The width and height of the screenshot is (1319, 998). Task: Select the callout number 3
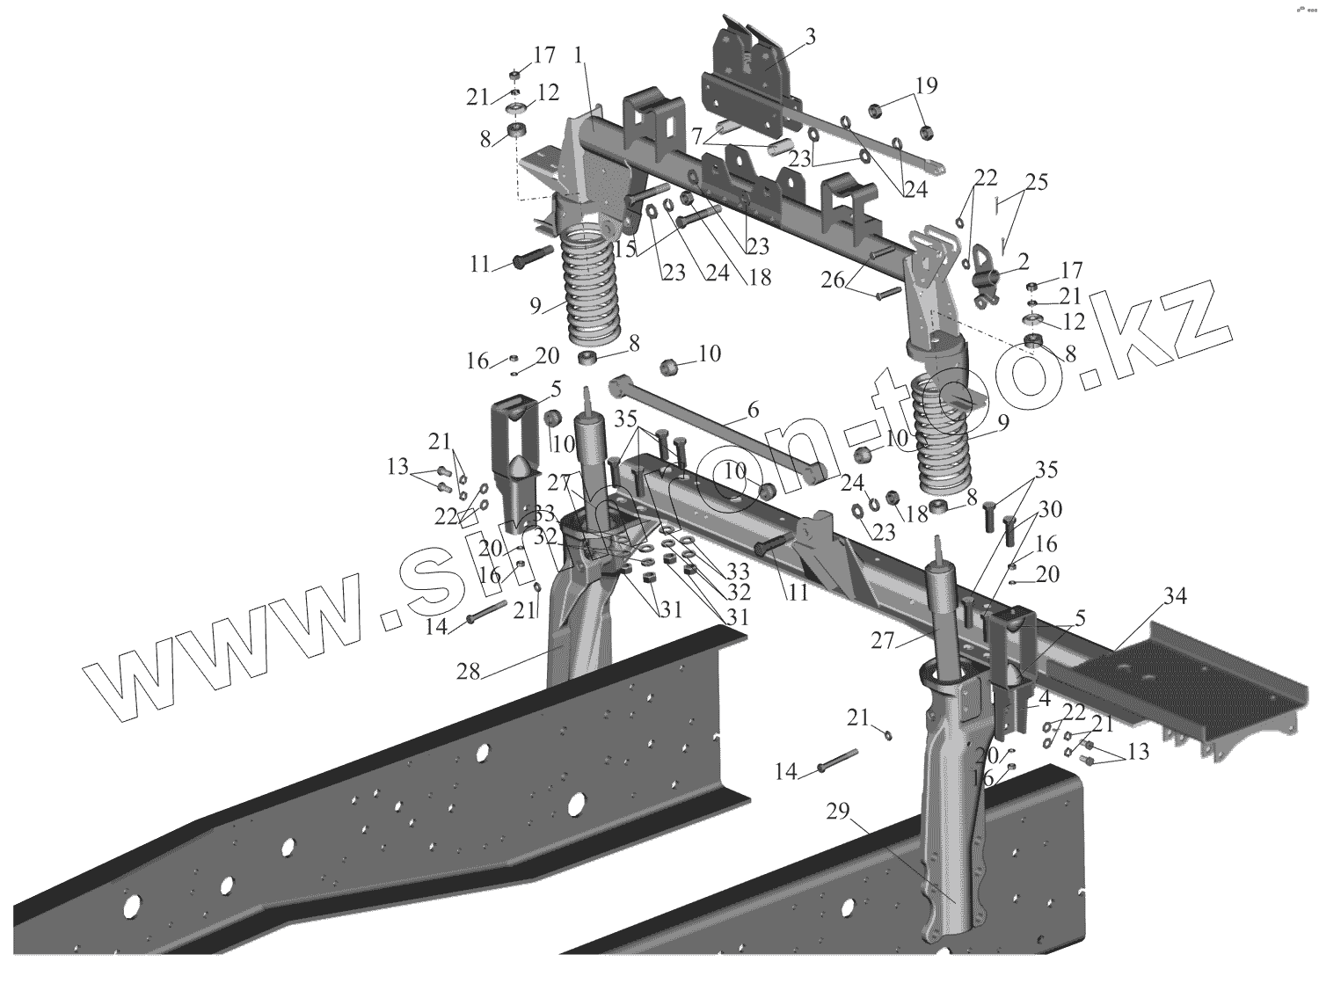tap(810, 36)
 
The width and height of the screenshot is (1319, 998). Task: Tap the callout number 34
tap(1176, 597)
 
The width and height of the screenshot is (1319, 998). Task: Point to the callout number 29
tap(838, 811)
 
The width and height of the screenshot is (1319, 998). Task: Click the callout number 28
tap(468, 673)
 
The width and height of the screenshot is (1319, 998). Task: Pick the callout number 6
tap(752, 410)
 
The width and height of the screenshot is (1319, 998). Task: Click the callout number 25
tap(1036, 183)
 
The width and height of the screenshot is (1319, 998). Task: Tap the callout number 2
tap(1022, 261)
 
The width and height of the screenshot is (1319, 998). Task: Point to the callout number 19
tap(926, 85)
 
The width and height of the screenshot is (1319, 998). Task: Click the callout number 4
tap(1044, 699)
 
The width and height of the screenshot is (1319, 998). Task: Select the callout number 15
tap(625, 249)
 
